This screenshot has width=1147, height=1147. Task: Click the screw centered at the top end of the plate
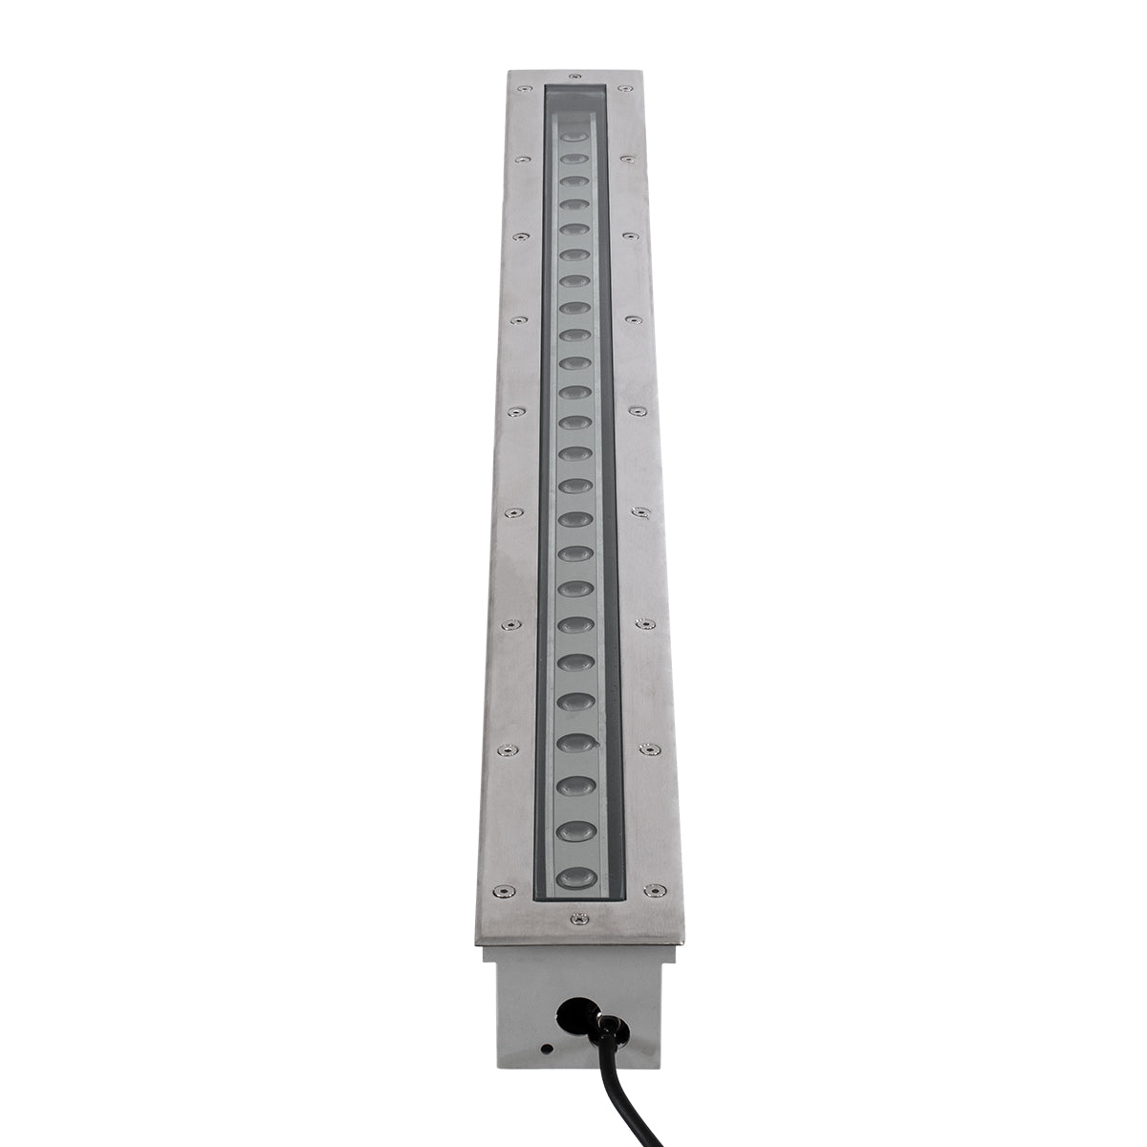573,74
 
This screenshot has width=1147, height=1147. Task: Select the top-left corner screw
524,89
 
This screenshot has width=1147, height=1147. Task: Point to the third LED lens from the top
573,179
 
